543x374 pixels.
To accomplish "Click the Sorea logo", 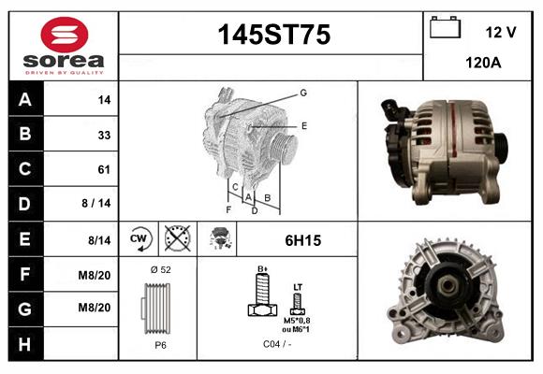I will pyautogui.click(x=64, y=47).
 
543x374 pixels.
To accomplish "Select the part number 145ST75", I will pyautogui.click(x=273, y=35).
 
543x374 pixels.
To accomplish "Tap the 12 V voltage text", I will pyautogui.click(x=500, y=32).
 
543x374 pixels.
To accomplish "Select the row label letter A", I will pyautogui.click(x=25, y=100).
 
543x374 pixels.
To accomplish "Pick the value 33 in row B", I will pyautogui.click(x=104, y=135).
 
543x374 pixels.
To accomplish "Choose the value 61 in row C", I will pyautogui.click(x=104, y=169).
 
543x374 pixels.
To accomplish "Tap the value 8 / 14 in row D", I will pyautogui.click(x=98, y=204).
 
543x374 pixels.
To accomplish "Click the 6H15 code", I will pyautogui.click(x=302, y=240).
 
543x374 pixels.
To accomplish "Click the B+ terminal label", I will pyautogui.click(x=262, y=268).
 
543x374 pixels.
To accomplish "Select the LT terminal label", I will pyautogui.click(x=298, y=287).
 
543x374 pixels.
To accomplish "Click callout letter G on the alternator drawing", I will pyautogui.click(x=303, y=93).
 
